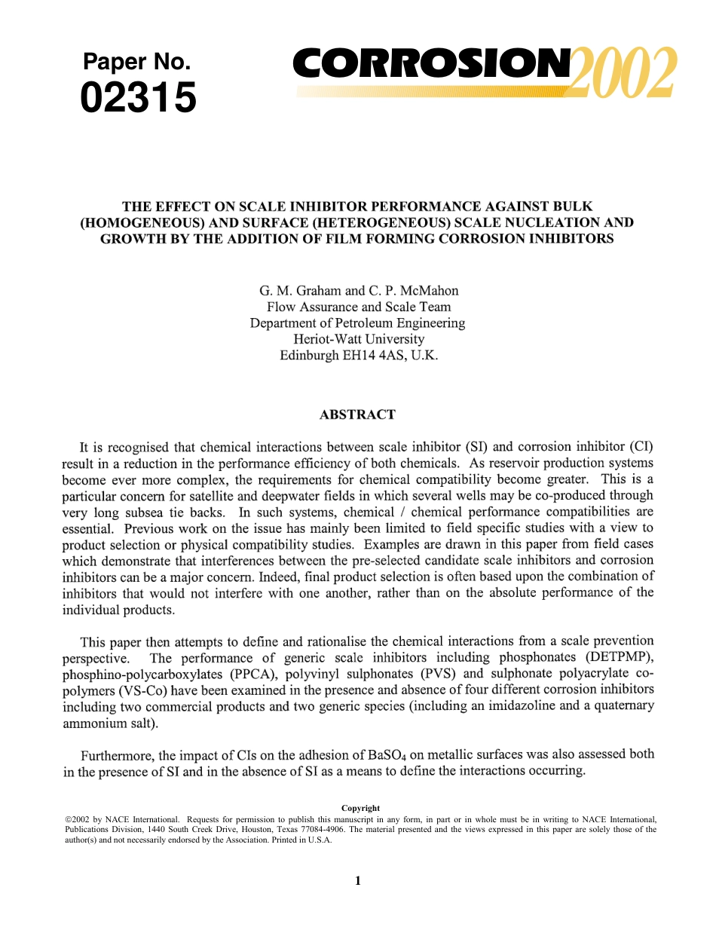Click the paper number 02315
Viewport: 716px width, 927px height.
pyautogui.click(x=139, y=99)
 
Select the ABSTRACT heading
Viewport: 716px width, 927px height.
pyautogui.click(x=357, y=415)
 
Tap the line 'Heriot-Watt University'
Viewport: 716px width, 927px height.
pyautogui.click(x=358, y=339)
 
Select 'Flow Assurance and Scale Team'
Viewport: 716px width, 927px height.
pyautogui.click(x=358, y=307)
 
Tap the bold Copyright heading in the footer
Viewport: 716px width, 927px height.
pyautogui.click(x=360, y=808)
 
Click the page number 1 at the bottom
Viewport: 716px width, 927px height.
pyautogui.click(x=358, y=881)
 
